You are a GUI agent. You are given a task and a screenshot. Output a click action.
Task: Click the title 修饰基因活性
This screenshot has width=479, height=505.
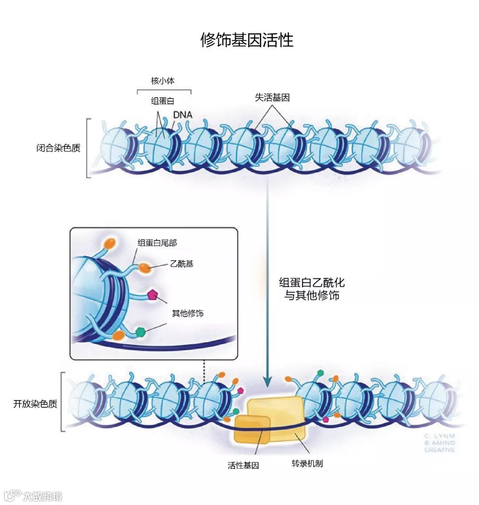(247, 40)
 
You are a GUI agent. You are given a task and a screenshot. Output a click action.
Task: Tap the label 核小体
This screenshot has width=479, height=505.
(163, 81)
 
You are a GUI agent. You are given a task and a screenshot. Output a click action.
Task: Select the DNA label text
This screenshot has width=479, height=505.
(183, 115)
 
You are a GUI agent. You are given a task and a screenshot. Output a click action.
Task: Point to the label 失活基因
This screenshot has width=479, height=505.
(272, 98)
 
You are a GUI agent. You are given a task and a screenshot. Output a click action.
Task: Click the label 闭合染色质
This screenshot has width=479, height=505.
(59, 148)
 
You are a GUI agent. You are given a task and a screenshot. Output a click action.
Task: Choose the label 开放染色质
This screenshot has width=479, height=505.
(35, 404)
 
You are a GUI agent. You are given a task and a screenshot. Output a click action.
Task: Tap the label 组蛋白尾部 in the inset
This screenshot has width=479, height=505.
(157, 243)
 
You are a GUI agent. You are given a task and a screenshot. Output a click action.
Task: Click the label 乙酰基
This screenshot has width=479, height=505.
(182, 264)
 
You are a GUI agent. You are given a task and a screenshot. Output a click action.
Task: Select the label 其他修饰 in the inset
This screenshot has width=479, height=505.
(188, 313)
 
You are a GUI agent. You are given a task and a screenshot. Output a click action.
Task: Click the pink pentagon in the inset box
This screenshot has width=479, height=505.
(153, 294)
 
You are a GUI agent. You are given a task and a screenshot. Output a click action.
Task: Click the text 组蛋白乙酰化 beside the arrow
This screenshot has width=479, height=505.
(312, 282)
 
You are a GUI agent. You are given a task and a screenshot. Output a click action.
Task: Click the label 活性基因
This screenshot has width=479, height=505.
(243, 465)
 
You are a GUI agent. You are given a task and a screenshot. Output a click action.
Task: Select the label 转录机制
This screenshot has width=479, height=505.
(307, 464)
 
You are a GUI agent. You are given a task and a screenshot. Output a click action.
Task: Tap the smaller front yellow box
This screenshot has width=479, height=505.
(252, 429)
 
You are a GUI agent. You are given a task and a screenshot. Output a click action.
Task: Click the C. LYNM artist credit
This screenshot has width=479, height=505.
(439, 436)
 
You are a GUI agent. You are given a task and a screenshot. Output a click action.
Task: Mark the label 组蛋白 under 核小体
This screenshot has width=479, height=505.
(163, 101)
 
